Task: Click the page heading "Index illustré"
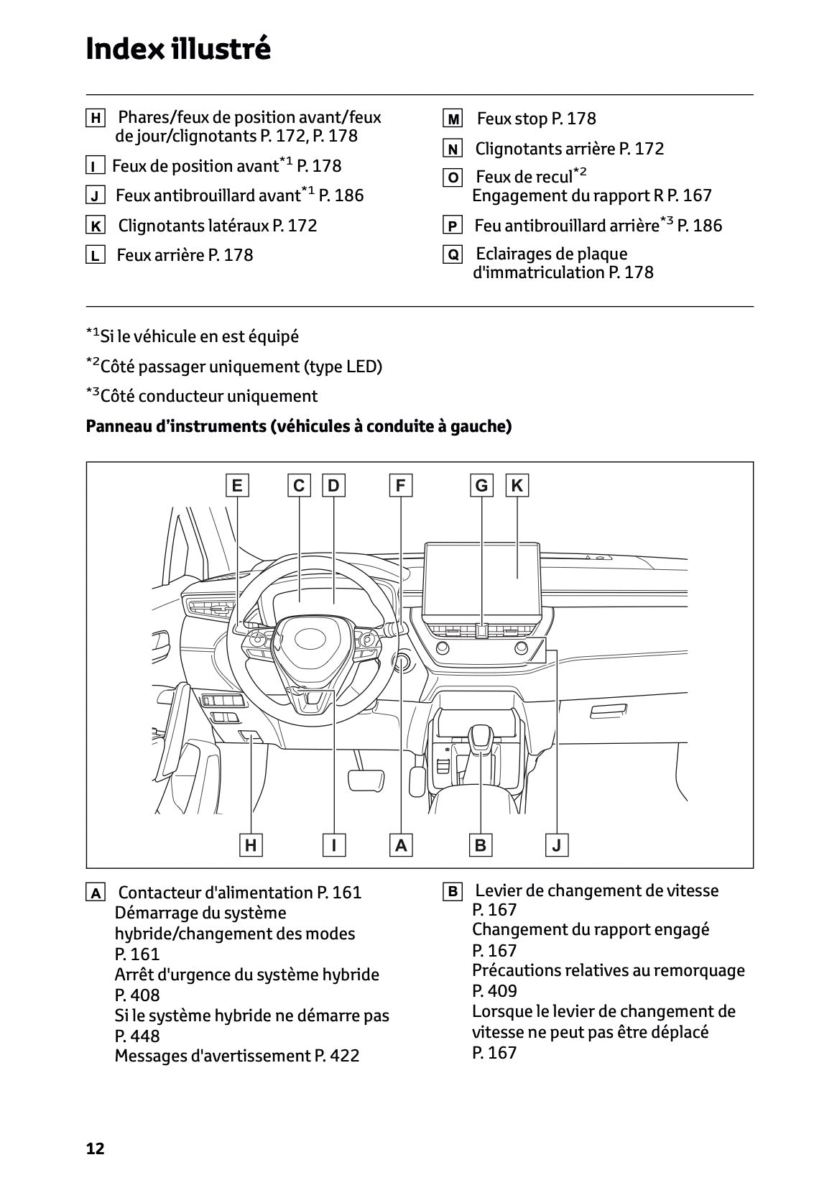(178, 49)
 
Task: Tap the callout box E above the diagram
(236, 486)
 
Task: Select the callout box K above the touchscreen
(517, 486)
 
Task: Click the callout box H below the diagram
(251, 845)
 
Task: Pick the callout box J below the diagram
(556, 845)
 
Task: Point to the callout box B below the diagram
(480, 845)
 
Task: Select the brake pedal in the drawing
(366, 781)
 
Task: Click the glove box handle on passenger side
(609, 711)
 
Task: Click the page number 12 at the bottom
(95, 1148)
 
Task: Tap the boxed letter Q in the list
(453, 254)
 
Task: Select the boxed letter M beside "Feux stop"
(453, 119)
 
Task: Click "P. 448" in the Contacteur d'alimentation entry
(137, 1036)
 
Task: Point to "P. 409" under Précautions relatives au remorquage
(494, 991)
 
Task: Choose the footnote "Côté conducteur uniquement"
(208, 396)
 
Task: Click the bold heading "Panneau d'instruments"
(176, 426)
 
